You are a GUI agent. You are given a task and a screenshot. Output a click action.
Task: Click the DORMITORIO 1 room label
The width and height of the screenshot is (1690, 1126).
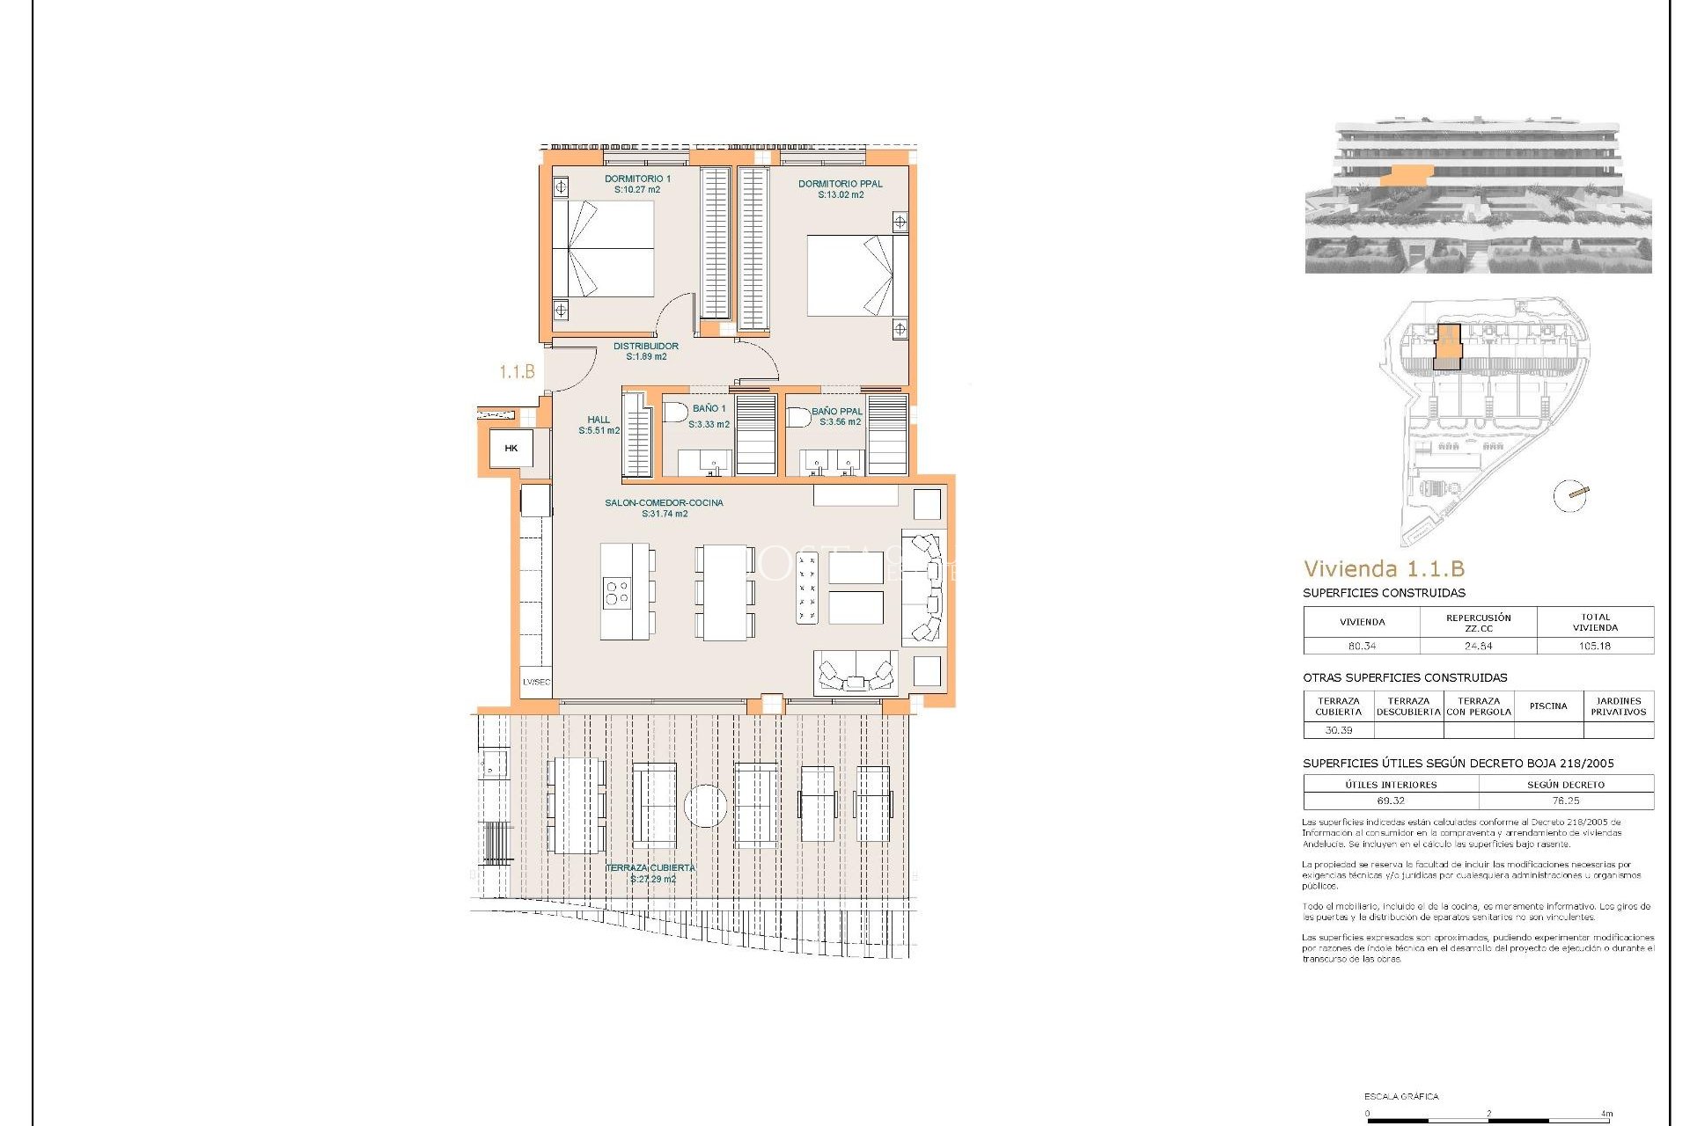click(x=637, y=179)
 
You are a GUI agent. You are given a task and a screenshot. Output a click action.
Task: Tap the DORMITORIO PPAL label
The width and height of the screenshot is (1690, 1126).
click(x=840, y=185)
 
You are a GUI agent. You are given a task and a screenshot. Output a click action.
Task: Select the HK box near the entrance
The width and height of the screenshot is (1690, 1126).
click(x=511, y=449)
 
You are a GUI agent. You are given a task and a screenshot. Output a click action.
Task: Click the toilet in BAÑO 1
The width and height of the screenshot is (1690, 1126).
click(x=675, y=412)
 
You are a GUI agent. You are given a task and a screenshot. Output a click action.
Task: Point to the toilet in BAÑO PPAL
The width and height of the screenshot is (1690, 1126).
click(x=797, y=417)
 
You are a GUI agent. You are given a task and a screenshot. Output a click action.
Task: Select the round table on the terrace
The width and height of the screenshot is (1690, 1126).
click(x=705, y=806)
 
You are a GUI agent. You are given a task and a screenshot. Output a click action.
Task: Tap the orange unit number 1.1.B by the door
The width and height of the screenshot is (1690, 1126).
click(x=517, y=372)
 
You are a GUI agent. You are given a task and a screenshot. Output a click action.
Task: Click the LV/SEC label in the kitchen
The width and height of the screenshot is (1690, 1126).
click(x=536, y=682)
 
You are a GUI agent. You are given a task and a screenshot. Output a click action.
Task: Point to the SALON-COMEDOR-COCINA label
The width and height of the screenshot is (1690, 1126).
click(x=664, y=503)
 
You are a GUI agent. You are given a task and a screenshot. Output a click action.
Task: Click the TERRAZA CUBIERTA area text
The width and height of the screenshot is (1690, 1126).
click(x=650, y=868)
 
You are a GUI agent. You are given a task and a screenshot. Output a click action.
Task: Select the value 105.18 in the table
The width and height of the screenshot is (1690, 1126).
click(x=1594, y=646)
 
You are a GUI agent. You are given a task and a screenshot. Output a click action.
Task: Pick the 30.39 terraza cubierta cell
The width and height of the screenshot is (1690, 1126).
click(x=1338, y=730)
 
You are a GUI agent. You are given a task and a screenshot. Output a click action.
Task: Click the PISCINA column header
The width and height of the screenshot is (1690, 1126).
click(x=1547, y=706)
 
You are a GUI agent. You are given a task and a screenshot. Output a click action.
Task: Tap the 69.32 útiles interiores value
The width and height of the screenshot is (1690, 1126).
click(x=1391, y=801)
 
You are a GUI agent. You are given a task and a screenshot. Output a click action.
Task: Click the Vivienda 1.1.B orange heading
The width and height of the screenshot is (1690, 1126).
click(x=1384, y=569)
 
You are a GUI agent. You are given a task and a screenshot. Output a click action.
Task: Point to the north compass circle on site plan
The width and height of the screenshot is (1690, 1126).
click(x=1570, y=495)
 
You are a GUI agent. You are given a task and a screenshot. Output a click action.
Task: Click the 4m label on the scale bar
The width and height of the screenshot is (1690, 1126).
click(x=1606, y=1114)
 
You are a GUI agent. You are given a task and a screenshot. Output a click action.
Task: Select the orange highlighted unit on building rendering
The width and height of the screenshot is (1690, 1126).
click(x=1406, y=176)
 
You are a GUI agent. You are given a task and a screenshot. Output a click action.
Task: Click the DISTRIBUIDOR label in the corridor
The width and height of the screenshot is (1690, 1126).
click(x=645, y=347)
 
